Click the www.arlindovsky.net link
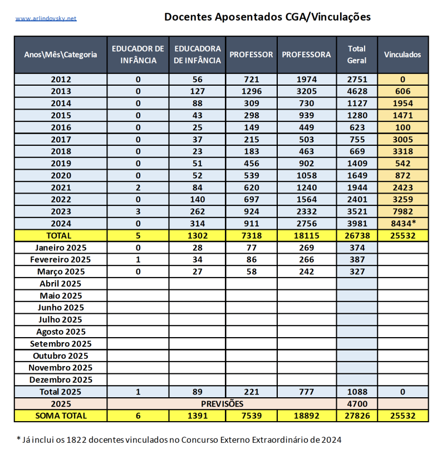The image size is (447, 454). (x=46, y=18)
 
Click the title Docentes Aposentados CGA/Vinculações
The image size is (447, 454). (x=267, y=17)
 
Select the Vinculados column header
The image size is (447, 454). (x=402, y=55)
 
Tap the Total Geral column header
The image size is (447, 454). (x=356, y=55)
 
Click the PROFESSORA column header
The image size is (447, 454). (x=306, y=55)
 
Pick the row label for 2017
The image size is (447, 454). (x=61, y=140)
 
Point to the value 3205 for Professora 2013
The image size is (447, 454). (x=306, y=91)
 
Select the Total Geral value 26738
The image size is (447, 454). (x=356, y=236)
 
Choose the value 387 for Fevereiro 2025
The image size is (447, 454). (x=356, y=260)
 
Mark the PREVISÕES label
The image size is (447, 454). (x=222, y=404)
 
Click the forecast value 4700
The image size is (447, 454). (x=356, y=404)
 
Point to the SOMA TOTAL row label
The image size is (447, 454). (x=61, y=416)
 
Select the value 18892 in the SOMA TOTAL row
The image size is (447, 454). (x=306, y=416)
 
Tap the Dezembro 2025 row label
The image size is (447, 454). (x=61, y=380)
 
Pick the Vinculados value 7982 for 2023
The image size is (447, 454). (x=402, y=212)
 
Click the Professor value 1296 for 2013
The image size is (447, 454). (x=251, y=91)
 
